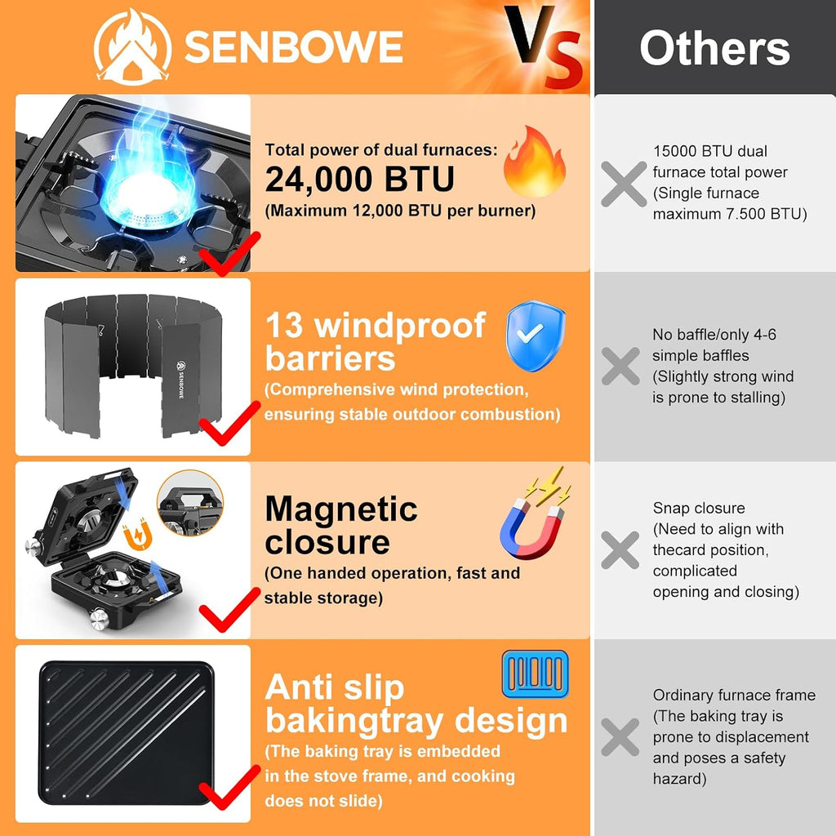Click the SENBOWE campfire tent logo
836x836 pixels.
point(133,47)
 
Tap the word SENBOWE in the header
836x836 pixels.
point(293,47)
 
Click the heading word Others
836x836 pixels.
point(714,48)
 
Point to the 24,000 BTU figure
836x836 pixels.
point(360,179)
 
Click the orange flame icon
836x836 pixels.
point(534,162)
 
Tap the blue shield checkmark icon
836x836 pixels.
point(536,336)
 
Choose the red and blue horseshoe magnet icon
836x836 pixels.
point(535,514)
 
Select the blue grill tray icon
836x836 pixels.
point(536,674)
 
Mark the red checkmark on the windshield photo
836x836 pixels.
point(229,424)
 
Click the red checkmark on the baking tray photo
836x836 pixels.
point(229,788)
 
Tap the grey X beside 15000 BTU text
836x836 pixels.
point(624,185)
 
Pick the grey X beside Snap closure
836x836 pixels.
point(620,549)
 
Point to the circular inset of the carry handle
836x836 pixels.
point(190,503)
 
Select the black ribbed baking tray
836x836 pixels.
point(127,733)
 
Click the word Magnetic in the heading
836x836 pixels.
point(341,509)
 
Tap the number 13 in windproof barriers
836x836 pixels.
point(284,325)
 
